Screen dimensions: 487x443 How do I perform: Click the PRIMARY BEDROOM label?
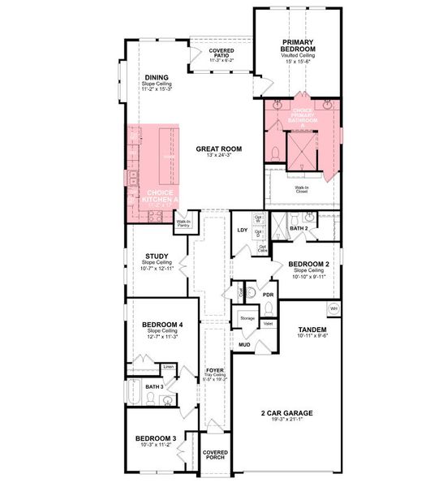tap(298, 46)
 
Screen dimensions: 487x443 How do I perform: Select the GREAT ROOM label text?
tap(219, 149)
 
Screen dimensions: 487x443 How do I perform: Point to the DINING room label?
tap(157, 78)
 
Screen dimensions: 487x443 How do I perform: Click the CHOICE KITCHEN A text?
tap(158, 196)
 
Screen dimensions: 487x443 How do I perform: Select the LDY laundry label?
tap(241, 231)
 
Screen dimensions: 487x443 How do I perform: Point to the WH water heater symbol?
tap(333, 308)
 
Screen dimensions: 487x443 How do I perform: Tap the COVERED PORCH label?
tap(215, 455)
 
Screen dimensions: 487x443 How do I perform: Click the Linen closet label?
tap(168, 368)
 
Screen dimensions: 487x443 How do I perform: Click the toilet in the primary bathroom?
tap(276, 153)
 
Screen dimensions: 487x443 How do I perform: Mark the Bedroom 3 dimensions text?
tap(156, 446)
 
